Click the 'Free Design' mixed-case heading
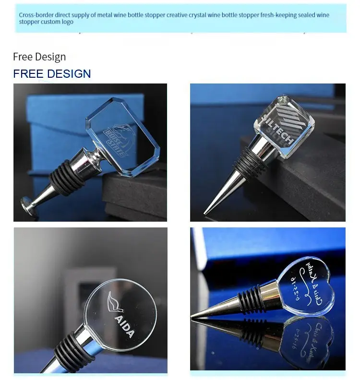[x=39, y=57]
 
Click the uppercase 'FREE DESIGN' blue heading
[x=52, y=73]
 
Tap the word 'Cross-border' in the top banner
[x=36, y=15]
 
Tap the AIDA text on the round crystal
[x=124, y=327]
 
